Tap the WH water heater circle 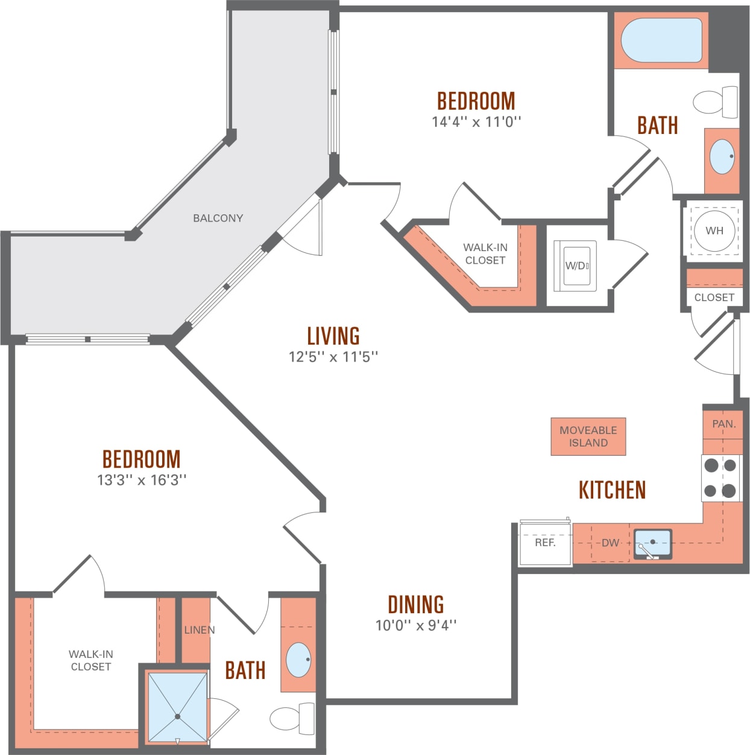tap(714, 231)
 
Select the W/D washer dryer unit tap(576, 266)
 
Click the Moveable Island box tap(588, 436)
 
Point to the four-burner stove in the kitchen tap(721, 478)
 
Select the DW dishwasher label tap(610, 543)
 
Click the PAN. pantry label tap(723, 424)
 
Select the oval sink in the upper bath tap(722, 156)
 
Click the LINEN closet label tap(199, 629)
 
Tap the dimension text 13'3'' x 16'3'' tap(142, 480)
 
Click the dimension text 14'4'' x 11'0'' tap(476, 121)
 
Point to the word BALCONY tap(218, 218)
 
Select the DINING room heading tap(415, 604)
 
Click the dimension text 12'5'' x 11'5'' tap(333, 356)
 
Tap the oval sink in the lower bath tap(298, 660)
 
